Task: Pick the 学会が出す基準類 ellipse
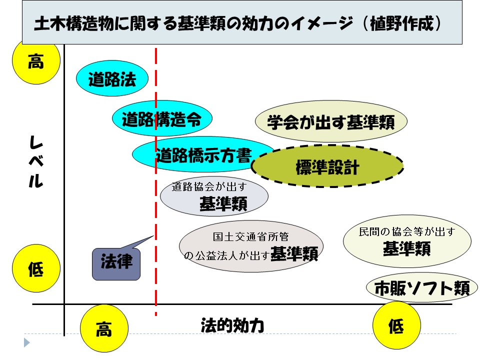(x=331, y=121)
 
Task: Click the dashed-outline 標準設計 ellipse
(x=327, y=167)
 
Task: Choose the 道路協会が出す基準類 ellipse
(x=213, y=196)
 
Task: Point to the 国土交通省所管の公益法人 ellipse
(x=251, y=246)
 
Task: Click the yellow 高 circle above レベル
(x=36, y=62)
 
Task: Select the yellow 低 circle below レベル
(x=36, y=270)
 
